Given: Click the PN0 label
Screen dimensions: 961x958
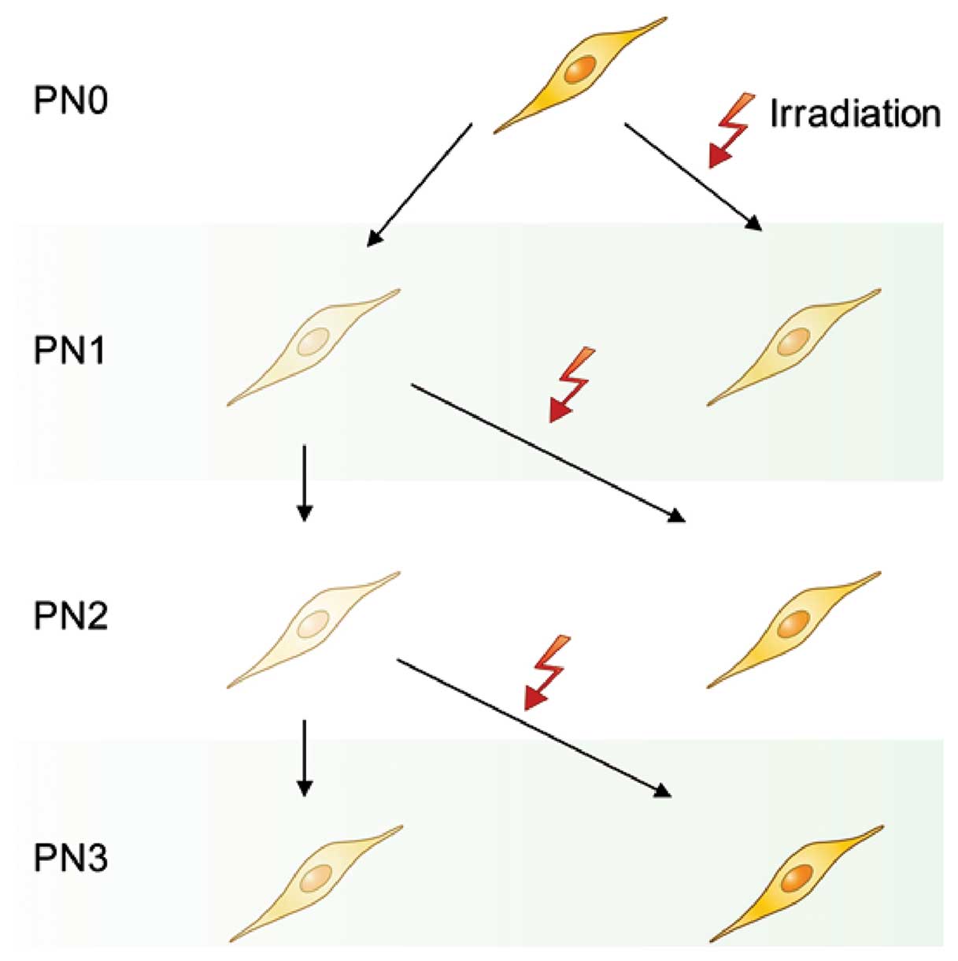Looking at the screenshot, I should pyautogui.click(x=71, y=101).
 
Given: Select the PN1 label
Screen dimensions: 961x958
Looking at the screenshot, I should pyautogui.click(x=71, y=350).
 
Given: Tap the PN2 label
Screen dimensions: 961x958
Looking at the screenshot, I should pyautogui.click(x=71, y=615).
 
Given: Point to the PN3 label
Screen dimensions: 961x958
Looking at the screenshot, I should pyautogui.click(x=71, y=858).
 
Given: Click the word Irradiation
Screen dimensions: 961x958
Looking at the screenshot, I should pyautogui.click(x=855, y=113).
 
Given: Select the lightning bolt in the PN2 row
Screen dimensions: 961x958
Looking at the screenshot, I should pyautogui.click(x=546, y=671).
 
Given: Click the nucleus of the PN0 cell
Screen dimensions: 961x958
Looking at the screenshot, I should pyautogui.click(x=581, y=69).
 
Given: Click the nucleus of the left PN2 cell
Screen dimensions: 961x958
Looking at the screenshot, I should pyautogui.click(x=313, y=624).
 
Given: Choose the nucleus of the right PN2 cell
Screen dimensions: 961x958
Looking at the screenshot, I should pyautogui.click(x=793, y=624).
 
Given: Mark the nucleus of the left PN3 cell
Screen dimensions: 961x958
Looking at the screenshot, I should pyautogui.click(x=316, y=877).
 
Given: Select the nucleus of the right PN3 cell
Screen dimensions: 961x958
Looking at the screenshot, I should pyautogui.click(x=796, y=877).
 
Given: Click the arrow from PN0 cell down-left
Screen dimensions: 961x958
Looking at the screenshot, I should pyautogui.click(x=420, y=184).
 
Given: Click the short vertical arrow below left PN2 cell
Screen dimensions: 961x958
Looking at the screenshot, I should pyautogui.click(x=305, y=756).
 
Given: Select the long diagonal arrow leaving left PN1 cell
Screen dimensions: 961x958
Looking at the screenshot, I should pyautogui.click(x=547, y=453).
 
